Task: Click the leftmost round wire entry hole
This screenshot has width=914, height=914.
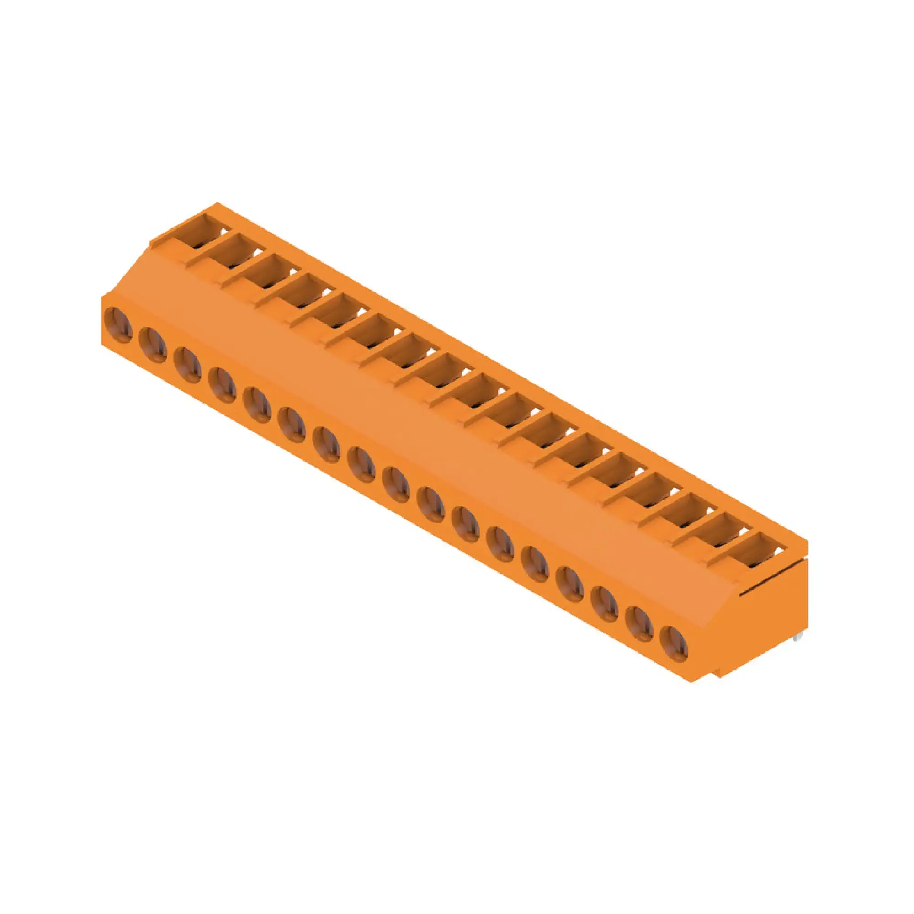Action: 118,324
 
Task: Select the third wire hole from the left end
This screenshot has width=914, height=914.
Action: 187,365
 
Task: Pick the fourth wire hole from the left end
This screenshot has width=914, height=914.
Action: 223,385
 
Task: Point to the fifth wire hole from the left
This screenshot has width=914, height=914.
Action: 257,405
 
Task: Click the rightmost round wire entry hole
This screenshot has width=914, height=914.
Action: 674,643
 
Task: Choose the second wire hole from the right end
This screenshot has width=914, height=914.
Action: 639,623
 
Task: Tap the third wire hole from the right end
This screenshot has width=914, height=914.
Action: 605,604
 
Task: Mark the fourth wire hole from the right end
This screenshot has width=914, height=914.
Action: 569,584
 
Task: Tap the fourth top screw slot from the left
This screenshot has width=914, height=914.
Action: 305,291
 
